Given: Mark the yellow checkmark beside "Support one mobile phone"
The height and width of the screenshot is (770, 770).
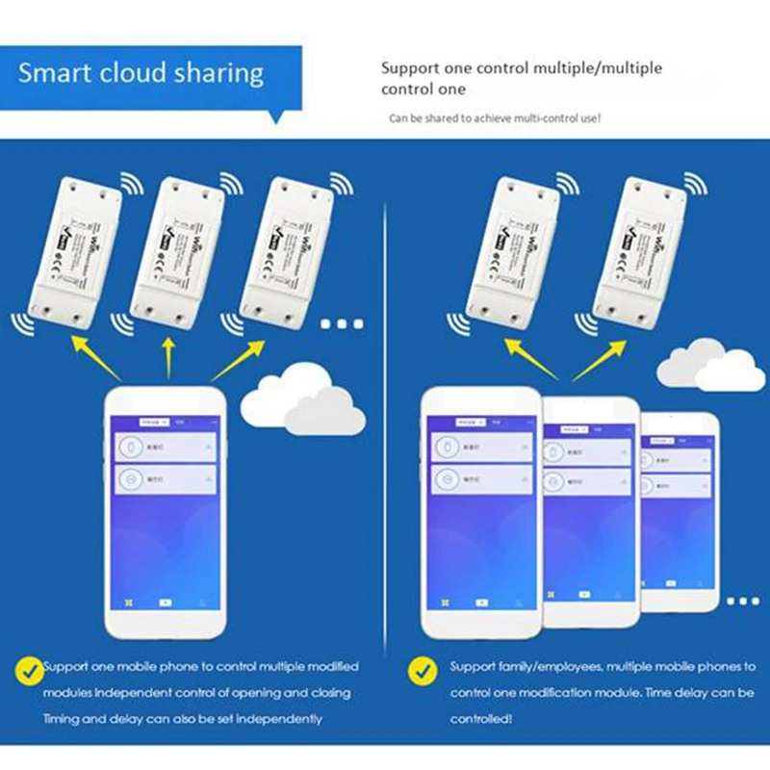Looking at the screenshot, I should [30, 667].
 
